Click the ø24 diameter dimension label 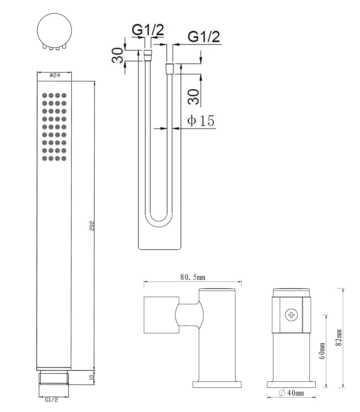coord(55,75)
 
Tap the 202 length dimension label coord(92,226)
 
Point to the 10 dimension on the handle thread coord(92,378)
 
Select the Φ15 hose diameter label coord(201,121)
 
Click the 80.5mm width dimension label coord(193,277)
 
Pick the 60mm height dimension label coord(322,351)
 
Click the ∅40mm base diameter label coord(291,393)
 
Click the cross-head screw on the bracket coord(291,315)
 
